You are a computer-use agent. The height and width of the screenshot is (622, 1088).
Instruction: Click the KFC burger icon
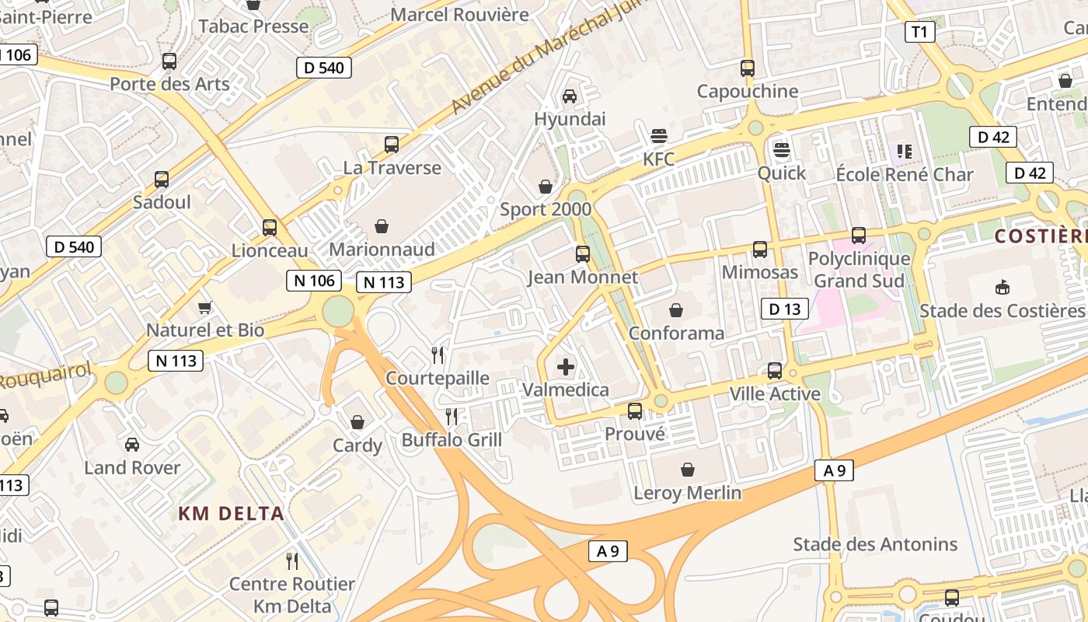pyautogui.click(x=659, y=137)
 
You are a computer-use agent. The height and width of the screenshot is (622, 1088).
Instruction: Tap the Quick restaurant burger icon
pyautogui.click(x=782, y=150)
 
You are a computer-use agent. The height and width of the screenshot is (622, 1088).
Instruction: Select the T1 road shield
pyautogui.click(x=919, y=32)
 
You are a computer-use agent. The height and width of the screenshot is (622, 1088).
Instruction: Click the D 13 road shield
pyautogui.click(x=784, y=309)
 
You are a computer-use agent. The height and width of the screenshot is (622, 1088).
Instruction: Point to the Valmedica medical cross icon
pyautogui.click(x=566, y=367)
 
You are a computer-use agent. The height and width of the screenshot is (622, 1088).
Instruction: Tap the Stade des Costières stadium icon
pyautogui.click(x=1002, y=288)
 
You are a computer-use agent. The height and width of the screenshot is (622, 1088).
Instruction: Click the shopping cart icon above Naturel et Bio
pyautogui.click(x=205, y=308)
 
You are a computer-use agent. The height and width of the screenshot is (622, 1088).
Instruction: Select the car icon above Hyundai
pyautogui.click(x=570, y=96)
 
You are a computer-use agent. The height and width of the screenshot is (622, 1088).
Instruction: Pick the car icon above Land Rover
pyautogui.click(x=132, y=445)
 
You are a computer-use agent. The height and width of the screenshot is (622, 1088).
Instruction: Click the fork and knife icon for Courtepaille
pyautogui.click(x=438, y=355)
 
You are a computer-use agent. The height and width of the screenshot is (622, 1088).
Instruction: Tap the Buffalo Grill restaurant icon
pyautogui.click(x=452, y=417)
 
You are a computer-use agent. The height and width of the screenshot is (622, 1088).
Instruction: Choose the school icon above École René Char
pyautogui.click(x=904, y=151)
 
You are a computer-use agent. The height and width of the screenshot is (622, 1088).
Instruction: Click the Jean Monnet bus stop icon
pyautogui.click(x=582, y=253)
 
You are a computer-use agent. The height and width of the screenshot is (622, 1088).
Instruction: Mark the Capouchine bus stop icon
pyautogui.click(x=748, y=68)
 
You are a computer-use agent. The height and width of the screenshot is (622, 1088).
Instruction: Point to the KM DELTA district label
pyautogui.click(x=231, y=514)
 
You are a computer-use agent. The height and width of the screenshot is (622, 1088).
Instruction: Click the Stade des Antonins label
pyautogui.click(x=875, y=544)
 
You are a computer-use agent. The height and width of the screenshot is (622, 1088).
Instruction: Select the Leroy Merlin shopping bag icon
pyautogui.click(x=687, y=470)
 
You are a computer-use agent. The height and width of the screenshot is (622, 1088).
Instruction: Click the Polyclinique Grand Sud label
pyautogui.click(x=859, y=269)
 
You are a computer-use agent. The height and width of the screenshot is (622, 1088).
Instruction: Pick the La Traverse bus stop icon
pyautogui.click(x=392, y=145)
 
